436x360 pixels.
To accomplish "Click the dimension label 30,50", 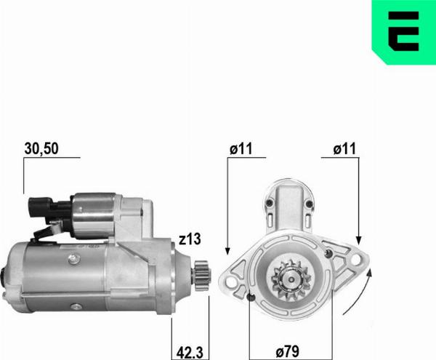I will (41, 148).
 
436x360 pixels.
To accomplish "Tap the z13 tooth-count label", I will (190, 237).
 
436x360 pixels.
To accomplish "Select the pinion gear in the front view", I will (288, 279).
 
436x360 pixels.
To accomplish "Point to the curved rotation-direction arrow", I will (359, 291).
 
